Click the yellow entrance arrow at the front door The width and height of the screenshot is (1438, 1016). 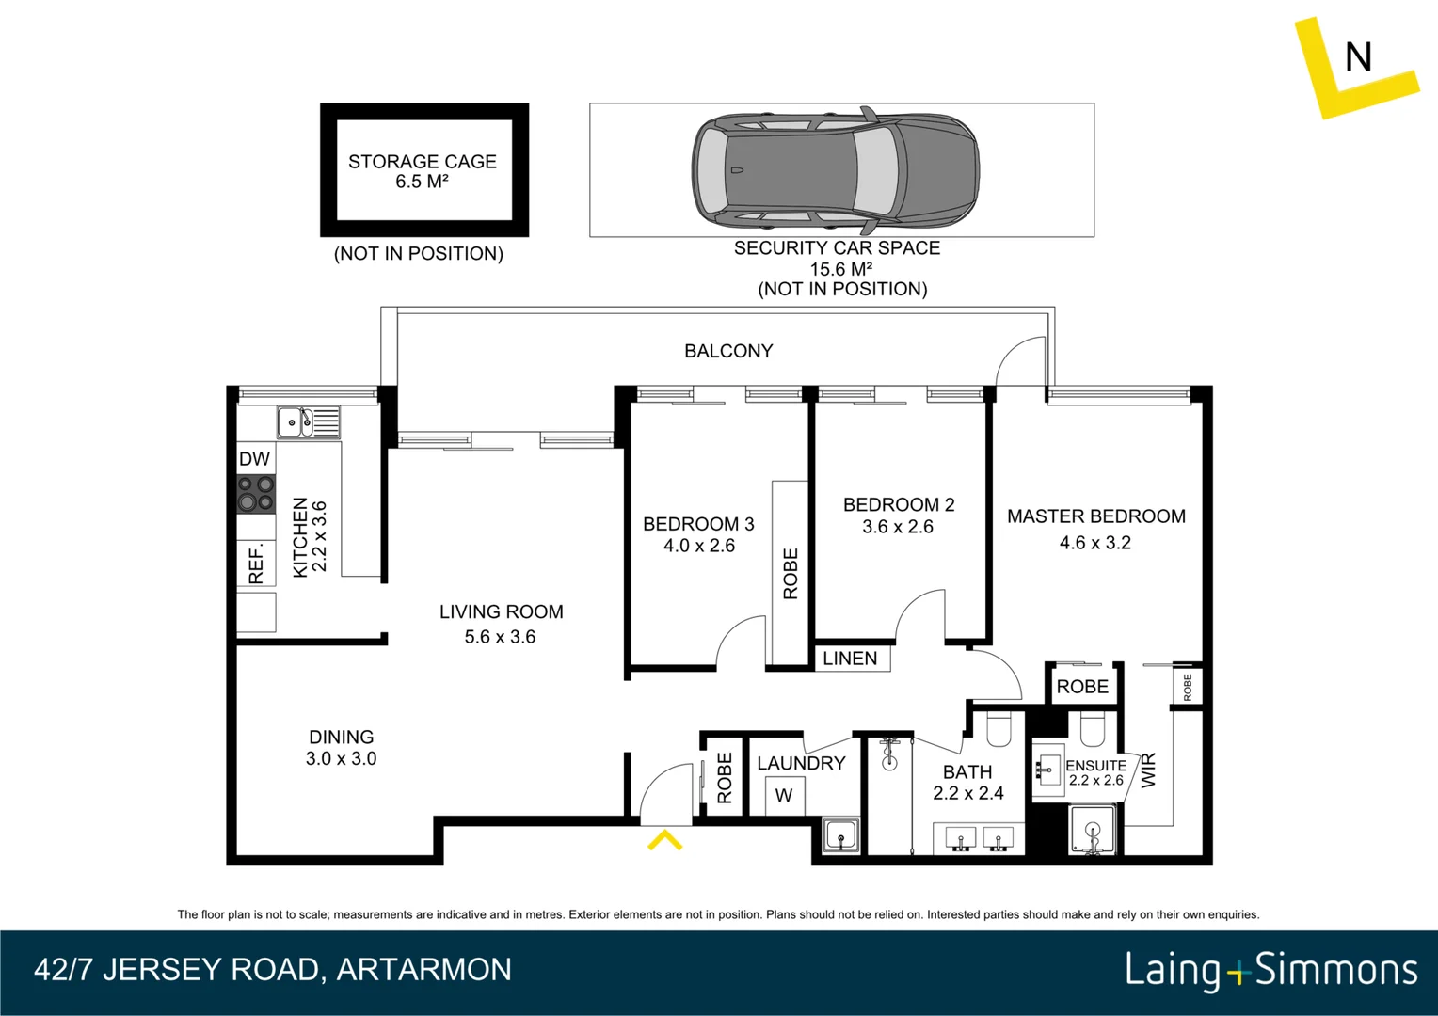pos(664,840)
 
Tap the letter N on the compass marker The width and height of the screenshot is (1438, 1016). pos(1357,57)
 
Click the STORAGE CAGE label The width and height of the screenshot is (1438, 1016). pos(423,162)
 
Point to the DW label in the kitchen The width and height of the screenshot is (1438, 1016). pos(254,459)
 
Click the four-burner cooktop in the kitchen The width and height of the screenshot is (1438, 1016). pos(255,494)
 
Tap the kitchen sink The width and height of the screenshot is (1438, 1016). pos(308,422)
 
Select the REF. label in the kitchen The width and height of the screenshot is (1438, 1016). pos(256,564)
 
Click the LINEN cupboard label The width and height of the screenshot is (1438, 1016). pos(850,659)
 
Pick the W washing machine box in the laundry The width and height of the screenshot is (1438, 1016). pos(784,796)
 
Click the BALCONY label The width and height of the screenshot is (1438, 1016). pos(728,351)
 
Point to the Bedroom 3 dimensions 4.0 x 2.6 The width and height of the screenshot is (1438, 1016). pos(698,546)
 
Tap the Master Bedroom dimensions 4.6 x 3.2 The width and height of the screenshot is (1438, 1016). pos(1095,543)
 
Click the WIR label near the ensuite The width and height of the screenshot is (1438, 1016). pos(1148,770)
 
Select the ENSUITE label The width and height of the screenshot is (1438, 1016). pos(1095,766)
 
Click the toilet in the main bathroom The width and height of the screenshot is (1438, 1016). pos(998,729)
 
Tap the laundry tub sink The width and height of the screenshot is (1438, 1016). pos(840,834)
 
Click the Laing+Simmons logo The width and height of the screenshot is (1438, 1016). pos(1270,970)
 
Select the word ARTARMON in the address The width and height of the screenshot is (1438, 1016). pos(423,970)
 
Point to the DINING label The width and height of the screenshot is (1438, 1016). pos(341,738)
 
